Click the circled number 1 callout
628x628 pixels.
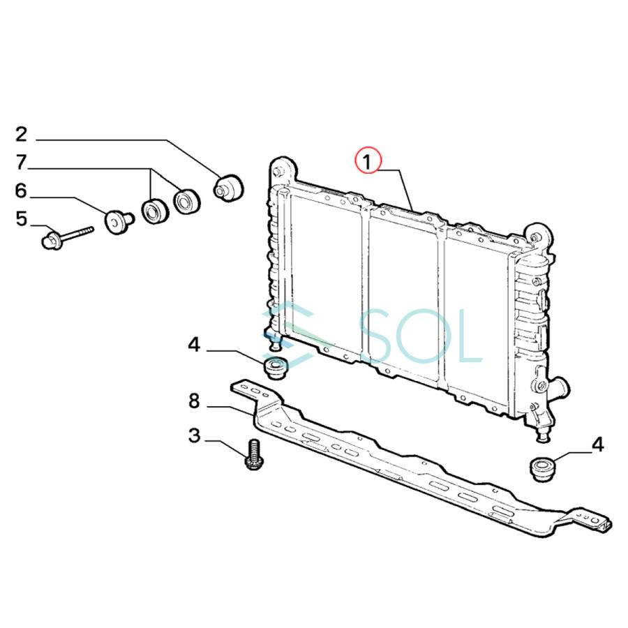[368, 160]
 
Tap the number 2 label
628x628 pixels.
[21, 134]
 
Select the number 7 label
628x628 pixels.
[21, 163]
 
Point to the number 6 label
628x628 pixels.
[21, 191]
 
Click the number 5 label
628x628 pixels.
[21, 219]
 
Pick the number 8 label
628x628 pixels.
[194, 401]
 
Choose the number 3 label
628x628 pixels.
[194, 435]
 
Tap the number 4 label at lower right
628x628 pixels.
[597, 444]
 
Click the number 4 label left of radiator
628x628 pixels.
[194, 345]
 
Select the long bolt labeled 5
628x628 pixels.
[67, 237]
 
